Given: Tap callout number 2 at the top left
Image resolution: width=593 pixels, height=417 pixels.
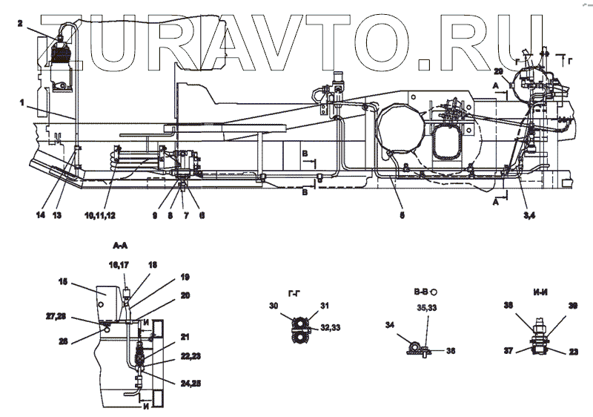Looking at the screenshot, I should point(20,24).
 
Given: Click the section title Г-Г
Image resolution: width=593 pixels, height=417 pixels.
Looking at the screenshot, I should point(294,292).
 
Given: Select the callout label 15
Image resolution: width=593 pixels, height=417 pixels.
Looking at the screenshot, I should point(64,281).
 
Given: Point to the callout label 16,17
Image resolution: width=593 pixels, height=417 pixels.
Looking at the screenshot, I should point(120,263).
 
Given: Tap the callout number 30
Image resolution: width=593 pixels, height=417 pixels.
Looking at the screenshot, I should point(274,305).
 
